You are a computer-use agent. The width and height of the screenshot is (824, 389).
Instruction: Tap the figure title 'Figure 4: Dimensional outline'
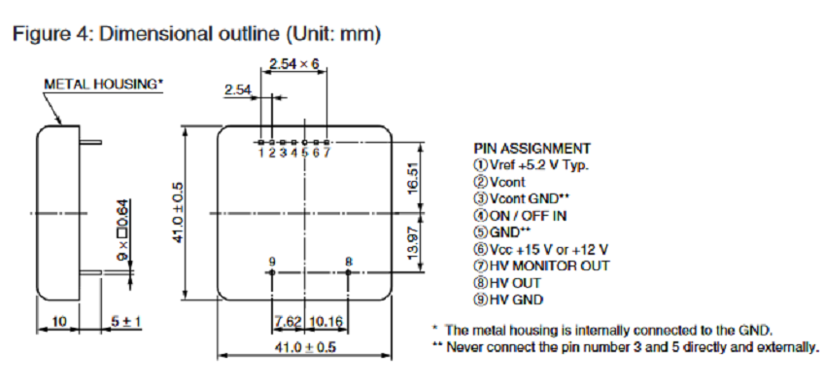pyautogui.click(x=194, y=34)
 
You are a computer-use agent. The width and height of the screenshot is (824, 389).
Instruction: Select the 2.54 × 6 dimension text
pyautogui.click(x=293, y=64)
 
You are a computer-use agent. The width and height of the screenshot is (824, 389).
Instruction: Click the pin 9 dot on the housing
pyautogui.click(x=271, y=272)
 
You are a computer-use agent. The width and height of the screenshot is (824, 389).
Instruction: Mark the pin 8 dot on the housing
pyautogui.click(x=349, y=272)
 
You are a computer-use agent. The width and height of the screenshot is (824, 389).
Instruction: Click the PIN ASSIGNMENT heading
pyautogui.click(x=532, y=149)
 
